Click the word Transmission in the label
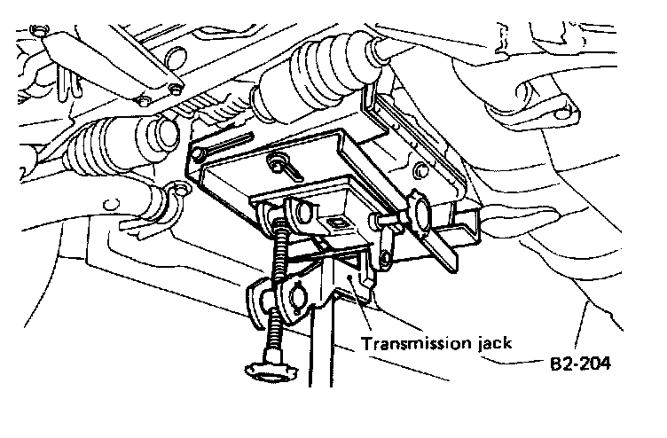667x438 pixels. (x=404, y=341)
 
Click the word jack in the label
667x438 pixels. (x=486, y=341)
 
